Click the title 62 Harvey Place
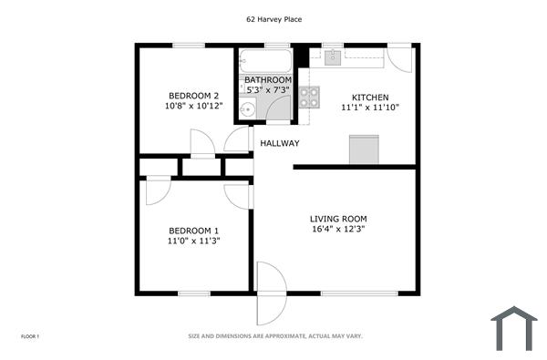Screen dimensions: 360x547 pos(273,18)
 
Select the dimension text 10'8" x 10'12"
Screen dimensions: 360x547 pos(193,107)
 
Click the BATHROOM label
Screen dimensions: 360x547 pos(267,79)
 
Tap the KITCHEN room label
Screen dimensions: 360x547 pos(371,97)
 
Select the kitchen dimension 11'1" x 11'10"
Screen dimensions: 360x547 pos(371,108)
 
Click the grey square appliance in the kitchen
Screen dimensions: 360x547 pos(365,149)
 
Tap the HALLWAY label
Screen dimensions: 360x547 pos(280,143)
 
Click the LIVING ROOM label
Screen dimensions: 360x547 pos(338,219)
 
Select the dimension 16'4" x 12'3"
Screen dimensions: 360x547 pos(338,230)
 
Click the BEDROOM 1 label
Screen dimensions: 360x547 pos(193,230)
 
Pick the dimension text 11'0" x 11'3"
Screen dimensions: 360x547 pos(193,241)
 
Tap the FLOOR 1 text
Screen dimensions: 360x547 pos(30,336)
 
